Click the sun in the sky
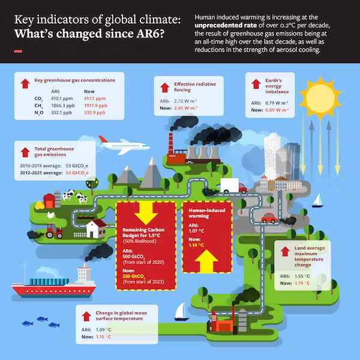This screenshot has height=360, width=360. pyautogui.click(x=320, y=98)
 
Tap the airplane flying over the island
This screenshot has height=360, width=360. pyautogui.click(x=124, y=145)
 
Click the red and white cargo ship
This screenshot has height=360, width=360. pyautogui.click(x=54, y=282)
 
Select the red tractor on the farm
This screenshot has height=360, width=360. pyautogui.click(x=54, y=231)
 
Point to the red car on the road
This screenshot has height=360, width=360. pyautogui.click(x=269, y=218)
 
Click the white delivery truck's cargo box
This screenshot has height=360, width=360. pyautogui.click(x=230, y=185)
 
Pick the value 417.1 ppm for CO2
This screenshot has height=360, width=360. pyautogui.click(x=95, y=98)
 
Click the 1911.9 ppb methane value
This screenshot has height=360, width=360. pyautogui.click(x=96, y=106)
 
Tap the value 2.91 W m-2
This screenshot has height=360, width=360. pyautogui.click(x=185, y=108)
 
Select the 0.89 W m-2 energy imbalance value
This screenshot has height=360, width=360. pyautogui.click(x=277, y=110)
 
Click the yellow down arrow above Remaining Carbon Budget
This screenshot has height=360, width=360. pyautogui.click(x=146, y=213)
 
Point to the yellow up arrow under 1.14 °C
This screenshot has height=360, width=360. pyautogui.click(x=206, y=261)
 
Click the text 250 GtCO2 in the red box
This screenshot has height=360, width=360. pyautogui.click(x=134, y=277)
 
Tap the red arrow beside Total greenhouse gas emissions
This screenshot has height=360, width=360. pyautogui.click(x=25, y=152)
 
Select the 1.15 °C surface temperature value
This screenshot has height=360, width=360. pyautogui.click(x=103, y=337)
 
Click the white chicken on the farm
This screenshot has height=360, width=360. pyautogui.click(x=51, y=215)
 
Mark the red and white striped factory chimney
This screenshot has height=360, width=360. pyautogui.click(x=170, y=143)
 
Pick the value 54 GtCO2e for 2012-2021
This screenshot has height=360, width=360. pyautogui.click(x=77, y=173)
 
